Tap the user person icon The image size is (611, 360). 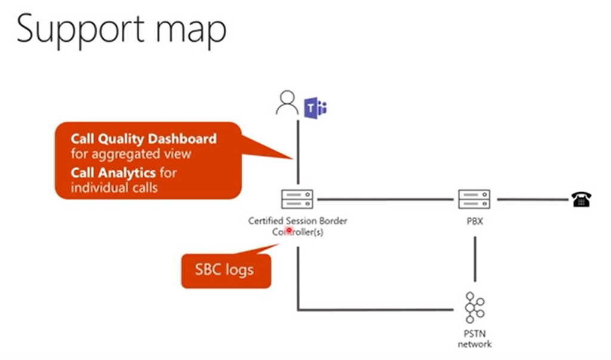point(286,103)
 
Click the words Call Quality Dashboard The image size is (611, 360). point(143,139)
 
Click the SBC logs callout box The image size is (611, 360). point(224,270)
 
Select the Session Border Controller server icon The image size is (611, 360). point(297,199)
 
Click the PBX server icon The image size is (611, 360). point(474,199)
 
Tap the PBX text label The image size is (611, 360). point(474,221)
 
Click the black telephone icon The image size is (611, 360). point(581,200)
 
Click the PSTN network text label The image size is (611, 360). point(474,340)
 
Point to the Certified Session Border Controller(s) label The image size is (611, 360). point(297,226)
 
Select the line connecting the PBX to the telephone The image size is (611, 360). point(531,199)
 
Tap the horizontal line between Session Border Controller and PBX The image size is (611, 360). point(385,199)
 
